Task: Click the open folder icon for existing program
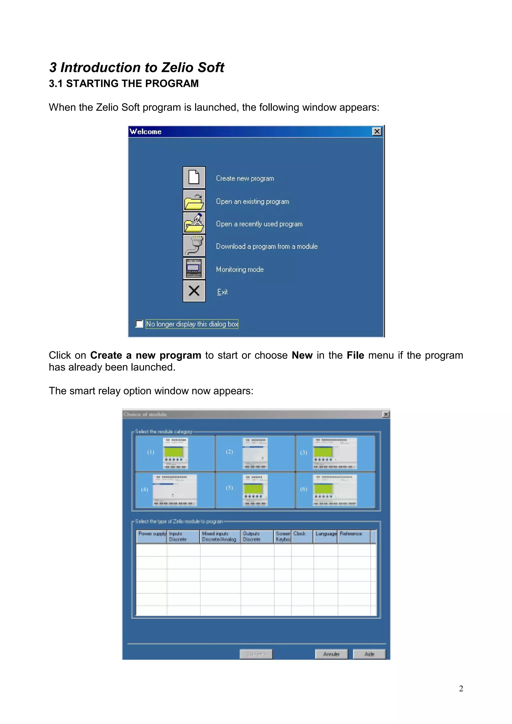pyautogui.click(x=194, y=201)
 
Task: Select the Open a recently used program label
pyautogui.click(x=259, y=224)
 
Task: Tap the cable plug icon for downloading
pyautogui.click(x=194, y=245)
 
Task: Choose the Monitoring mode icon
pyautogui.click(x=194, y=268)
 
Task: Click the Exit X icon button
pyautogui.click(x=194, y=291)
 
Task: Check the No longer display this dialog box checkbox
pyautogui.click(x=139, y=324)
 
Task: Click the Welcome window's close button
pyautogui.click(x=377, y=131)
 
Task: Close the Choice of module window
pyautogui.click(x=385, y=414)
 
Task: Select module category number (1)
pyautogui.click(x=175, y=453)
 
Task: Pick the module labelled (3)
pyautogui.click(x=335, y=453)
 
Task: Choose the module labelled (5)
pyautogui.click(x=255, y=490)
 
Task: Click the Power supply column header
pyautogui.click(x=152, y=536)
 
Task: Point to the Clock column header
pyautogui.click(x=301, y=536)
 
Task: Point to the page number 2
pyautogui.click(x=461, y=689)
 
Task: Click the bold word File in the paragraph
pyautogui.click(x=355, y=355)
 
